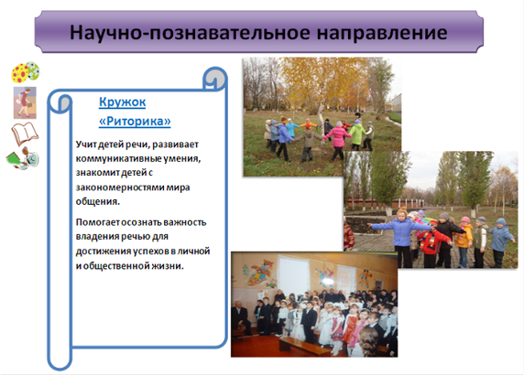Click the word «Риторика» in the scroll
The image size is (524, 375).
coord(135,121)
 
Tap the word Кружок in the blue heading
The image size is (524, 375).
coord(123,102)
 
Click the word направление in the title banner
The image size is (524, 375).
coord(382,33)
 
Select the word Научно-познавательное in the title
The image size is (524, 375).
coord(190,33)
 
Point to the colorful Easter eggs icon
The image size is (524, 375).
coord(26,71)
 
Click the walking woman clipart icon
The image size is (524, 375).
coord(25,102)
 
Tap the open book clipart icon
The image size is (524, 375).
coord(25,134)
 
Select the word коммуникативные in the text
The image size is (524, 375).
coord(118,159)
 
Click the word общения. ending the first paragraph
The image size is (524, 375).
coord(98,202)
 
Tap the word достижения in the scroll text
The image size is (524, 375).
coord(99,252)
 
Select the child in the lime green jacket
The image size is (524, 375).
coord(357,134)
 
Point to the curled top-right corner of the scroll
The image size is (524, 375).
coord(215,79)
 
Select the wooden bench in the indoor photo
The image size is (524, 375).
coord(304,347)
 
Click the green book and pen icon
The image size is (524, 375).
coord(23,158)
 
